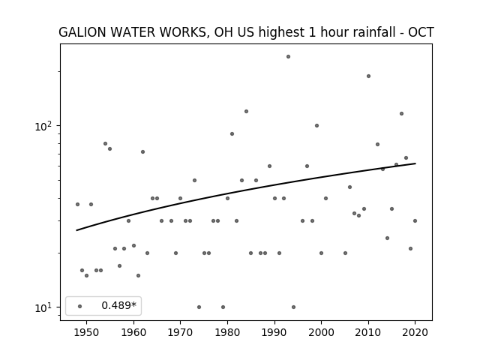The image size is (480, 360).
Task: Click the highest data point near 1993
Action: [288, 57]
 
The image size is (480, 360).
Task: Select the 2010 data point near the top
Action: [368, 76]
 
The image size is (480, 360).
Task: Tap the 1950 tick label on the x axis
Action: [87, 332]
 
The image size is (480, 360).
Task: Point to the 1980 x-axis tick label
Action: [227, 332]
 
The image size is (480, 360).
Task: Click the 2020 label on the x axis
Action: [415, 332]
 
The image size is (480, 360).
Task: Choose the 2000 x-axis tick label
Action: [322, 332]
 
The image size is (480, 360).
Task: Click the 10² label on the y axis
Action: [43, 126]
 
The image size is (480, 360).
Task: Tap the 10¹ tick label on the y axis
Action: [43, 307]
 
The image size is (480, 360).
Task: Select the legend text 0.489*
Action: [118, 305]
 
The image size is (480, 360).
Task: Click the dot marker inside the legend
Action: [80, 307]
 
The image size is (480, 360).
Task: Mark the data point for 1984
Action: [247, 112]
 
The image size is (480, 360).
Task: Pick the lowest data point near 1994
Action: [293, 307]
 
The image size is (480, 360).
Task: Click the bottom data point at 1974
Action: [199, 307]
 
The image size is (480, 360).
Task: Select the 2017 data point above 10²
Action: [402, 114]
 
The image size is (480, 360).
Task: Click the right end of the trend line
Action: [415, 163]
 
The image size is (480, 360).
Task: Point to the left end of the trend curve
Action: [76, 230]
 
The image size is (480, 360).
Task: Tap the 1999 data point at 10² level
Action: [316, 126]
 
